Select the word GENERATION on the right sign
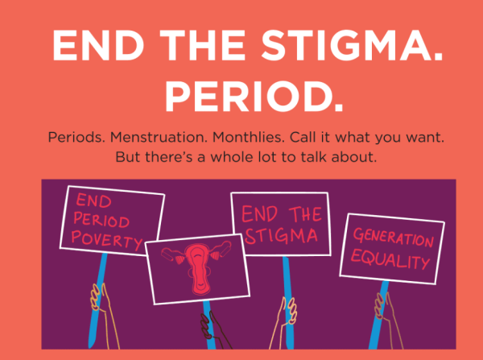(393, 238)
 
